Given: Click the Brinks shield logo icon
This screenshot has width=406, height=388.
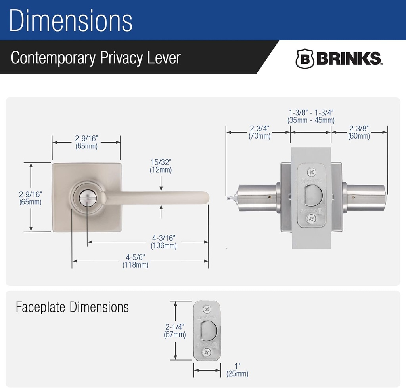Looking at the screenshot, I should (304, 59).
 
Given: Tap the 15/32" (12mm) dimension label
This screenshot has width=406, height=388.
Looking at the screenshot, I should (161, 166).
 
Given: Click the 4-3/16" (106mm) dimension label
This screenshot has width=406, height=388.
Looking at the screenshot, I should (164, 242).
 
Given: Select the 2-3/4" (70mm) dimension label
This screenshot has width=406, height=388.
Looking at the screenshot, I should (259, 132).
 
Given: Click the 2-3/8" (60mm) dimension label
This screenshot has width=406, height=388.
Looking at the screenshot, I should (359, 132).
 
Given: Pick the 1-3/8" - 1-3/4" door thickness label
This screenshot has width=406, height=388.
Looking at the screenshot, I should (311, 116).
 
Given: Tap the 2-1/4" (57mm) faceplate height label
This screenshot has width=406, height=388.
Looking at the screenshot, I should (175, 331).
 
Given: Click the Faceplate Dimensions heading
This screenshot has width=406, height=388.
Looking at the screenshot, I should (72, 307).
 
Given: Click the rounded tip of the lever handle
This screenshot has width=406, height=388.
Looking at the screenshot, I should (205, 198).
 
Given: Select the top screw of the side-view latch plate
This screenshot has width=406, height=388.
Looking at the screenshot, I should (311, 172).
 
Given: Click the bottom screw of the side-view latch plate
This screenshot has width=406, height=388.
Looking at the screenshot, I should (311, 217).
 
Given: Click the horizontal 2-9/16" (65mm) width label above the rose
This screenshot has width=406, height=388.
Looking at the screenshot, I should (86, 142).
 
